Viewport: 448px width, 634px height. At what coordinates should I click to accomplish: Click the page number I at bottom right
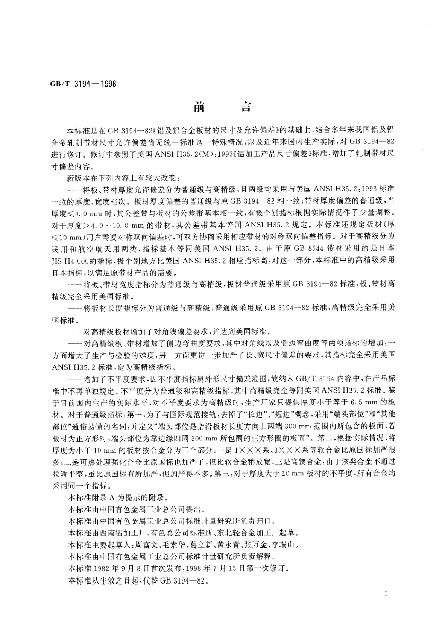387,594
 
